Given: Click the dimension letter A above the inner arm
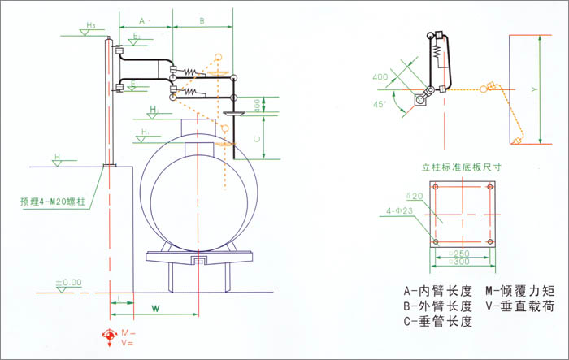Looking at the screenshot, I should click(x=141, y=18).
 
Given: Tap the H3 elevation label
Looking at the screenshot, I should click(x=90, y=26).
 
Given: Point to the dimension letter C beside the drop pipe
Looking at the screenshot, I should click(x=256, y=139).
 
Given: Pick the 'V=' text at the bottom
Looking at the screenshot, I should click(x=126, y=344).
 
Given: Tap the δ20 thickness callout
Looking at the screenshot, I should click(x=415, y=197).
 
